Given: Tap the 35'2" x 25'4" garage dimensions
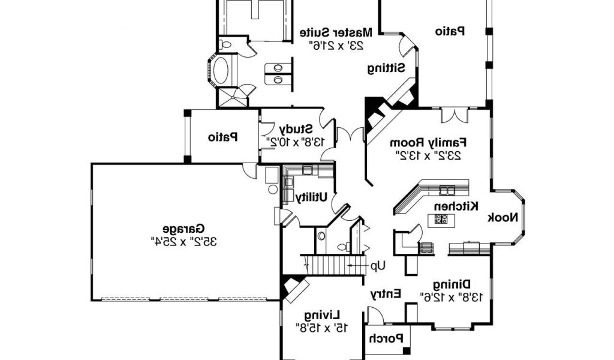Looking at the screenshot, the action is [x=183, y=241].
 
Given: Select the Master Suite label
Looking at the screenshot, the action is [x=336, y=32].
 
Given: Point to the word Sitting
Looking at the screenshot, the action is [x=386, y=68].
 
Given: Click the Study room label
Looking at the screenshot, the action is [x=296, y=129].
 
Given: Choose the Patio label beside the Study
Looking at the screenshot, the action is [x=223, y=137].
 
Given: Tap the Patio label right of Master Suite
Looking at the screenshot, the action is [x=450, y=31].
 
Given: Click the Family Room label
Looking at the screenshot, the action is [x=428, y=143].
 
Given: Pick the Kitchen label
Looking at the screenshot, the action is [x=456, y=206].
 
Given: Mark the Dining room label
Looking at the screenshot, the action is [x=452, y=284].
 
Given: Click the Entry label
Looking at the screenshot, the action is [x=386, y=293].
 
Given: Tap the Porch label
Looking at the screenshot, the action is [x=386, y=338].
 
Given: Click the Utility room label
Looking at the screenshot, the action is [x=311, y=197].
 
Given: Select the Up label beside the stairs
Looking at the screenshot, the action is [x=378, y=266].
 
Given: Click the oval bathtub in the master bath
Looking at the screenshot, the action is [x=221, y=71].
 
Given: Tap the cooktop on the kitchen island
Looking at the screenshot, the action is [x=441, y=219].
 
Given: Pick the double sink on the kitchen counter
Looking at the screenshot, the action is [x=447, y=190].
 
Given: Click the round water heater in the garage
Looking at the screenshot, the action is [x=273, y=189].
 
